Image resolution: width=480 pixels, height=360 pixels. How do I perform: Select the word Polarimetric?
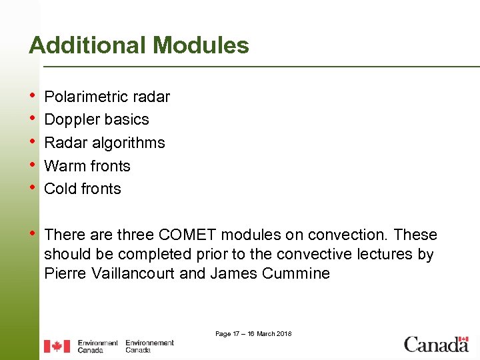coord(86,97)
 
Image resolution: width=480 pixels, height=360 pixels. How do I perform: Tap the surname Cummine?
coord(297,273)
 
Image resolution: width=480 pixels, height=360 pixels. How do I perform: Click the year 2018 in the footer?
coord(283,333)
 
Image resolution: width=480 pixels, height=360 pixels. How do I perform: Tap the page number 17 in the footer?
coord(237,333)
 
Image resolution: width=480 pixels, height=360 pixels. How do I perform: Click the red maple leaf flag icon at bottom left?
coord(57,346)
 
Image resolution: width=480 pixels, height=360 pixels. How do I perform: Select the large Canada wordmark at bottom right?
coord(436,345)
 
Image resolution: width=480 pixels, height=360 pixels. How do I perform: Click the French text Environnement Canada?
coord(149,346)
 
